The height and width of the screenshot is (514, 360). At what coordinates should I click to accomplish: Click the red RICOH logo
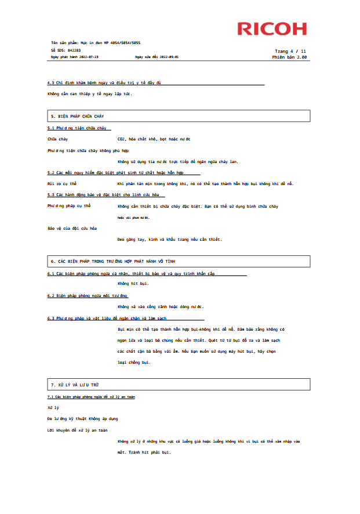coord(271,28)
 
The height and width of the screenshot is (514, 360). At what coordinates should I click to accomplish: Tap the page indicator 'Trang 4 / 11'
coord(290,51)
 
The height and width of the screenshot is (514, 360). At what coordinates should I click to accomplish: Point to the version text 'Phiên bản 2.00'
coord(289,57)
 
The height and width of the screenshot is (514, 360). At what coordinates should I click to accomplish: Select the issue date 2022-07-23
coord(89,57)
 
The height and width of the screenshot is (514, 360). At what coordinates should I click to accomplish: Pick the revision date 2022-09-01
coord(170,57)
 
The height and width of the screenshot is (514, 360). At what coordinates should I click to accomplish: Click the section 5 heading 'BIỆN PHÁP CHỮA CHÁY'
coord(81,117)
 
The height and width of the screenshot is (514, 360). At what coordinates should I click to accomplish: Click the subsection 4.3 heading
coord(104,83)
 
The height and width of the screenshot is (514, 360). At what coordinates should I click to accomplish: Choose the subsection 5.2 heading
coord(115,173)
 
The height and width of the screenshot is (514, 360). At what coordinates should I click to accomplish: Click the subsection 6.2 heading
coord(87,296)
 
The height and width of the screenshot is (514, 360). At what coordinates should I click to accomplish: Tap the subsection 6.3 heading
coord(107,318)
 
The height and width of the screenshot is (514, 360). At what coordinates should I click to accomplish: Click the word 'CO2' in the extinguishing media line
coord(122,139)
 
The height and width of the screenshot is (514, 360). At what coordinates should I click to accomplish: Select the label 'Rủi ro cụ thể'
coord(62,184)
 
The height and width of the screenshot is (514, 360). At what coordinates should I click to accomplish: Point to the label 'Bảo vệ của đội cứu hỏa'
coord(72,228)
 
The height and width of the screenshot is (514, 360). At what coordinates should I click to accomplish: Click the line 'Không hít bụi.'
coord(133,284)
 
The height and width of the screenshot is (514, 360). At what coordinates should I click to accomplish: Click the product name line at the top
coord(96,43)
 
